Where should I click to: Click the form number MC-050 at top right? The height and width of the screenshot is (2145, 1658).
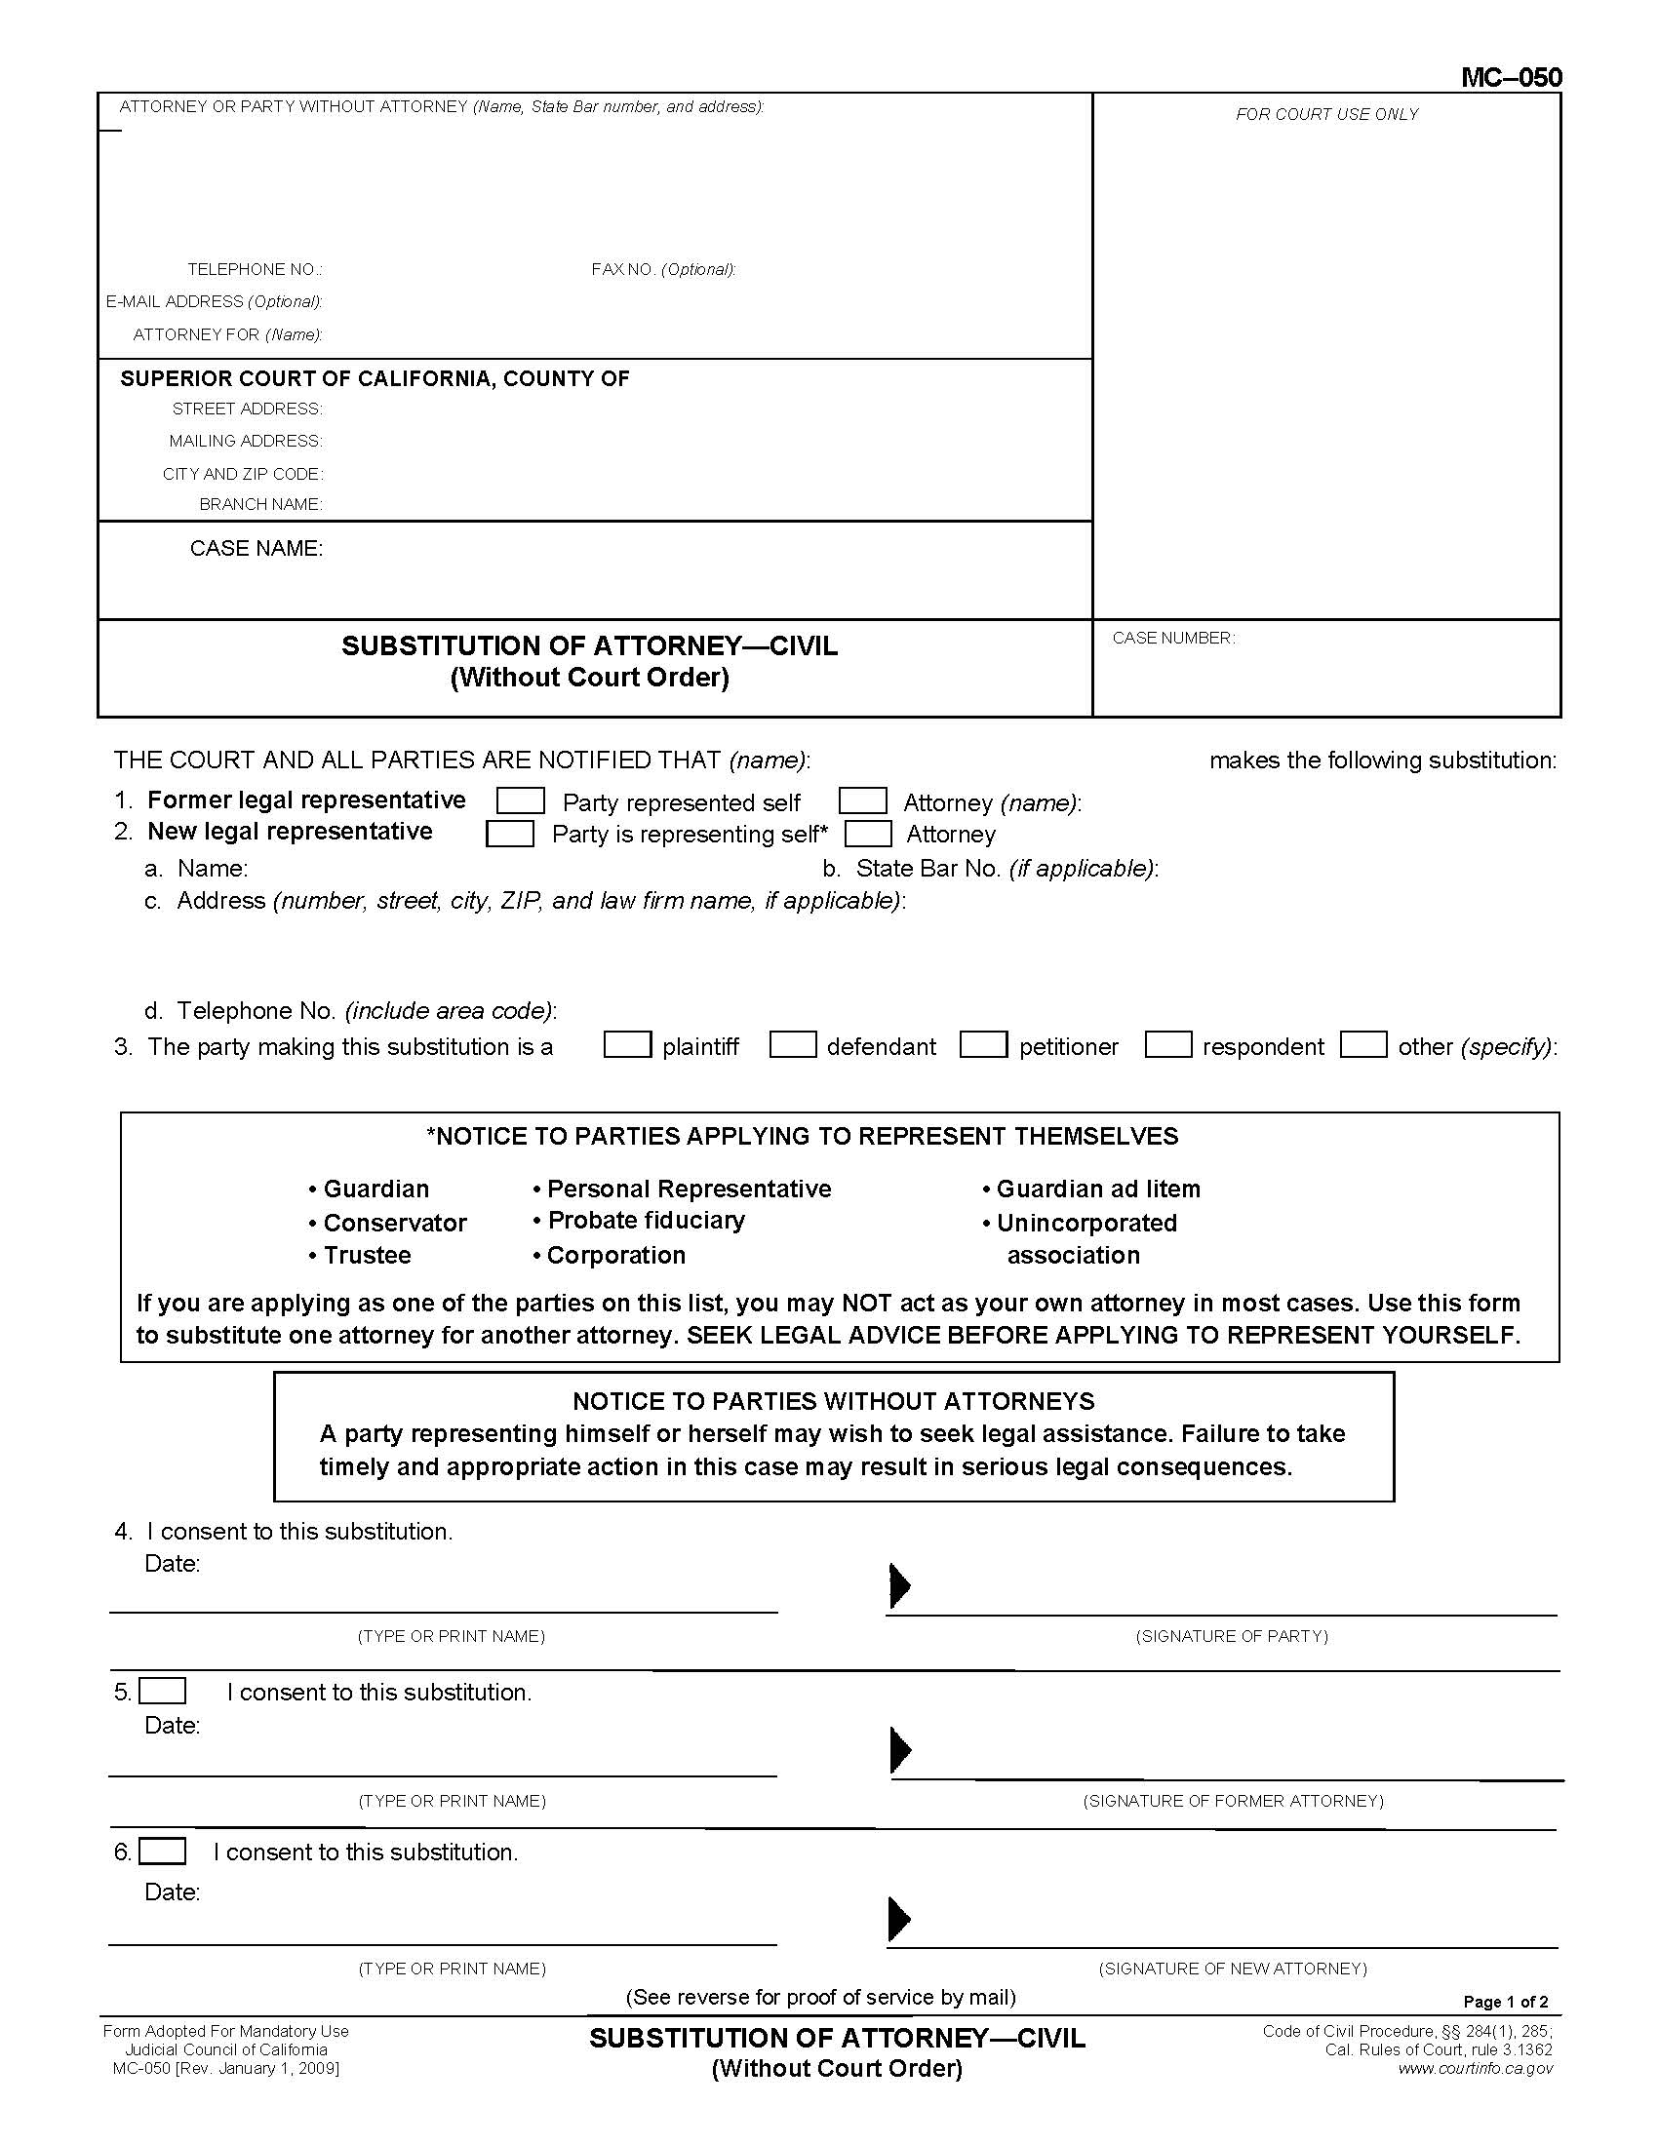(x=1510, y=78)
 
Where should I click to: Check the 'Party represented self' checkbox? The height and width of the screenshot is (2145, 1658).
(x=520, y=800)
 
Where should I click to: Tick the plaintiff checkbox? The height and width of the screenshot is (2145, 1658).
(x=627, y=1044)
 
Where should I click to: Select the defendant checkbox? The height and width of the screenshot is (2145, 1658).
(x=793, y=1044)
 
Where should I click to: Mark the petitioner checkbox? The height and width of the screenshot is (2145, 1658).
(x=983, y=1044)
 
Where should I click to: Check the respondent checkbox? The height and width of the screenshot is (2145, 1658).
(x=1167, y=1044)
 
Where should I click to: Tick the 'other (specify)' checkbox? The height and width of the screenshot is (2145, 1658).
(x=1363, y=1044)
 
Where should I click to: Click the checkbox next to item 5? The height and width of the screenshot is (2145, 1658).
(x=162, y=1692)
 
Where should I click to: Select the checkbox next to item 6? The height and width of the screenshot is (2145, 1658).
(x=162, y=1852)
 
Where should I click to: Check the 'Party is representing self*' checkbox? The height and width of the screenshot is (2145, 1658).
(x=510, y=834)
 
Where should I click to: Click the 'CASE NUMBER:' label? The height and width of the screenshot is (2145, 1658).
(x=1172, y=639)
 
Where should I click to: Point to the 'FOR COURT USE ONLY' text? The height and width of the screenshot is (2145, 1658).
(x=1326, y=115)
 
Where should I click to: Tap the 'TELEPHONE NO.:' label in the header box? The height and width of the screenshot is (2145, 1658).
(x=255, y=270)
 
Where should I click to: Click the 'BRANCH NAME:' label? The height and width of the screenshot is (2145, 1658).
(x=260, y=505)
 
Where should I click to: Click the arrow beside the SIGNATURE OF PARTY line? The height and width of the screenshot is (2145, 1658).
(x=899, y=1585)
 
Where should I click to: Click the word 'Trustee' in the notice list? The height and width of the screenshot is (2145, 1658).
(x=367, y=1255)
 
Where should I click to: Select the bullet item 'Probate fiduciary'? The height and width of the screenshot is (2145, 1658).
(x=646, y=1221)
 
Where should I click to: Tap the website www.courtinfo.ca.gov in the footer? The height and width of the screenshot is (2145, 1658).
(x=1476, y=2068)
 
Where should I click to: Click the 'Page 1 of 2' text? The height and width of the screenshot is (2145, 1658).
(x=1505, y=2002)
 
